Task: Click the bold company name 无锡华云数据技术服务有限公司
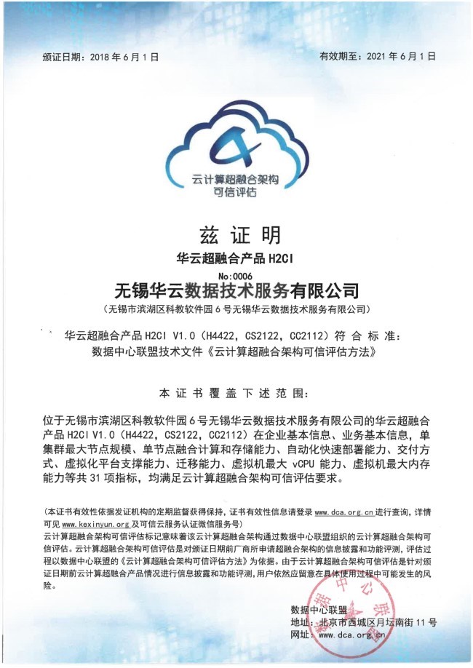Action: tap(237, 291)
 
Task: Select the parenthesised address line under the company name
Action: tap(236, 309)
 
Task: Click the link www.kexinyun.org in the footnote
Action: tap(96, 523)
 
